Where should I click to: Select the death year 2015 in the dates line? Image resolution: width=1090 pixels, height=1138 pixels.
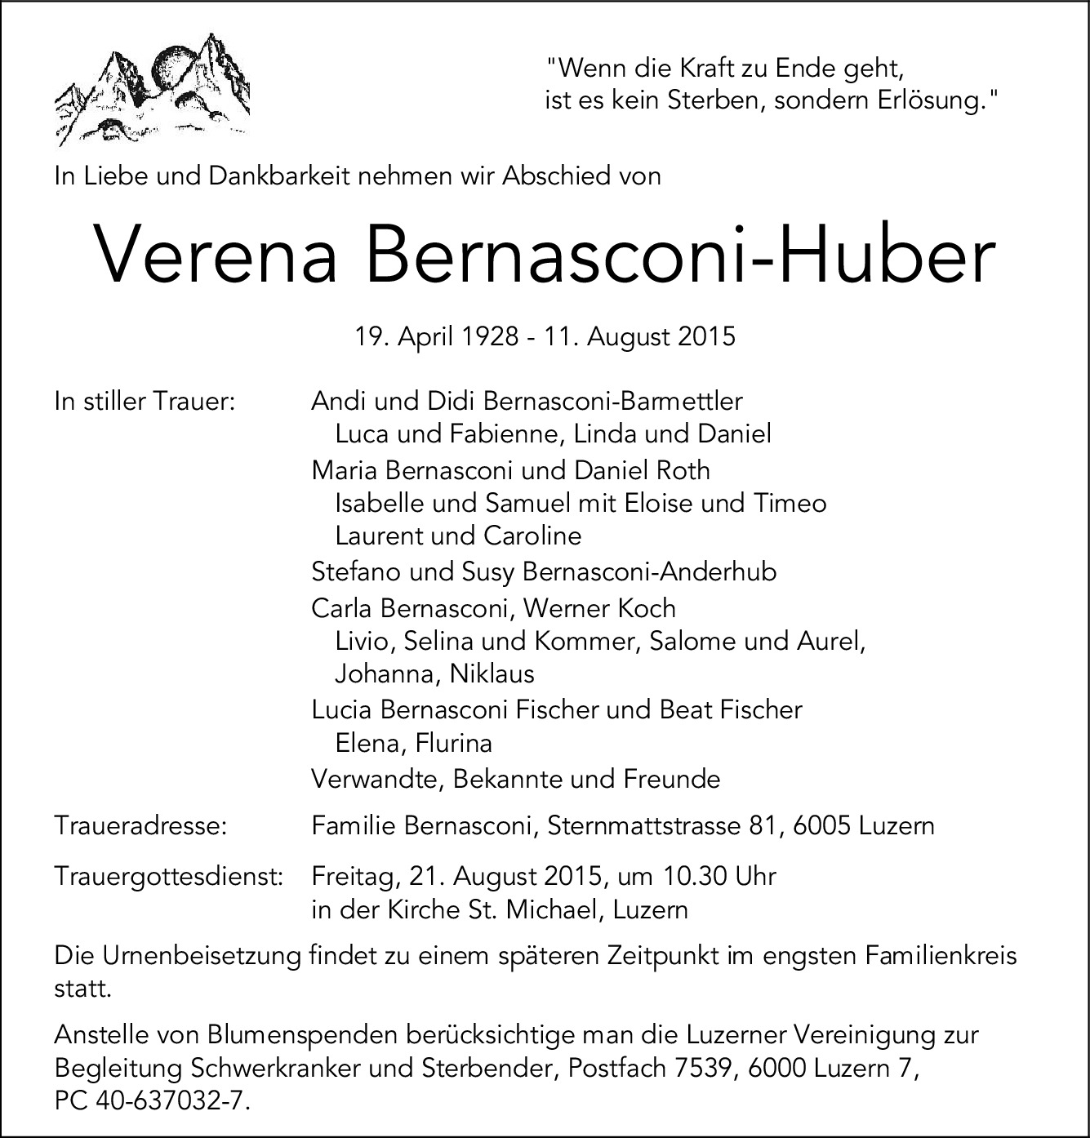(x=706, y=336)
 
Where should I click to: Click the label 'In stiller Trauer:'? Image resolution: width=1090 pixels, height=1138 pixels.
(x=145, y=401)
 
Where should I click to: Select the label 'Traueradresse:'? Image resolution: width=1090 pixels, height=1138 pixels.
(x=140, y=825)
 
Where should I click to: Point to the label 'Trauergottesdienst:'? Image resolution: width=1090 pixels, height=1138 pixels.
(x=168, y=876)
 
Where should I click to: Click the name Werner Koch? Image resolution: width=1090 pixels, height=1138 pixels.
(x=599, y=608)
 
